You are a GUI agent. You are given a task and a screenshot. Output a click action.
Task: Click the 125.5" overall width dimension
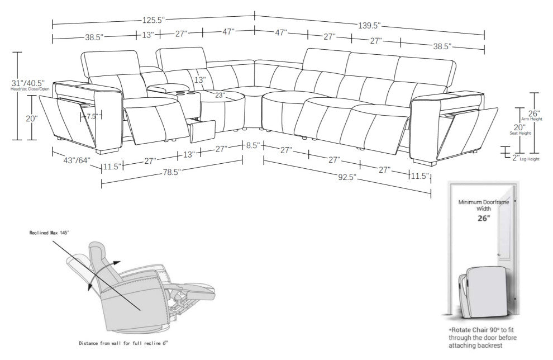[154, 20]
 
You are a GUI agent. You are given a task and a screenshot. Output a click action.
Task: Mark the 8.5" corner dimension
[252, 146]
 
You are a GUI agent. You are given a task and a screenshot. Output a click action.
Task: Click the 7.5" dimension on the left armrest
[92, 116]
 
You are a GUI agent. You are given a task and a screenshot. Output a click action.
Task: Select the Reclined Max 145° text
[50, 231]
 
